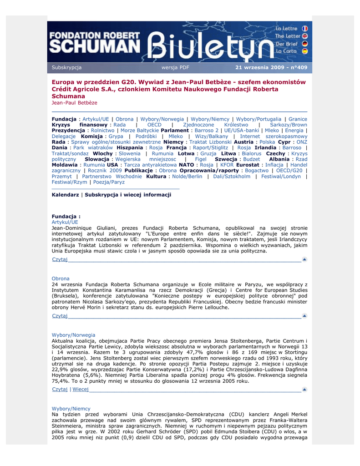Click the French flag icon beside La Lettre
[x=304, y=28]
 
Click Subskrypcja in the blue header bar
[x=66, y=68]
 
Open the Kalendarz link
[x=66, y=194]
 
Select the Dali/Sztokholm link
[x=232, y=177]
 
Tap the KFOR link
[x=227, y=165]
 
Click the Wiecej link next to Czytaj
[x=81, y=389]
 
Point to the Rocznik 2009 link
[x=105, y=171]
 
